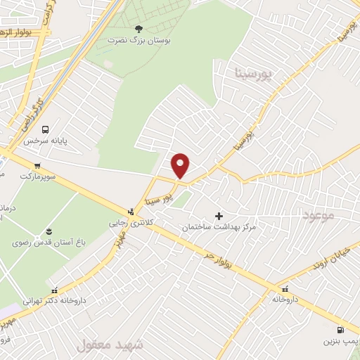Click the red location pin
[181, 165]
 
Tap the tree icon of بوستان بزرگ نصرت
[138, 29]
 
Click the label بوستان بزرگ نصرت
[138, 41]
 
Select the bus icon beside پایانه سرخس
[46, 129]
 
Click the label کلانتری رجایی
[129, 222]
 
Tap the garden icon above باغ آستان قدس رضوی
[49, 231]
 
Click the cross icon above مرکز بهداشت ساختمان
[218, 216]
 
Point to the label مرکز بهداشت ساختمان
[219, 227]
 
